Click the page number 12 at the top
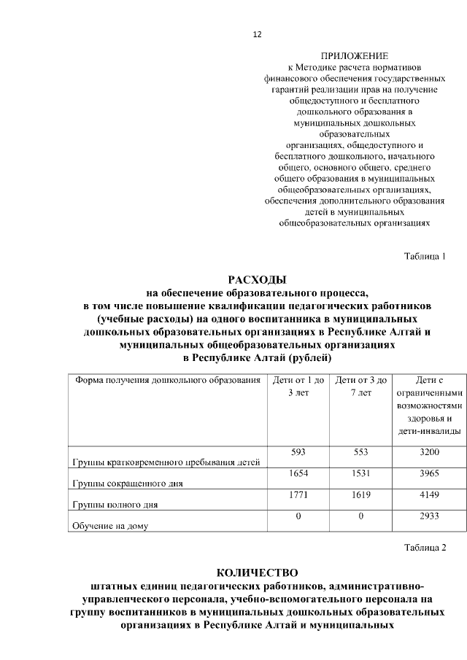pyautogui.click(x=257, y=34)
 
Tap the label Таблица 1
pyautogui.click(x=425, y=255)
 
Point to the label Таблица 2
pyautogui.click(x=425, y=547)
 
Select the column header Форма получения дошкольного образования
pyautogui.click(x=166, y=380)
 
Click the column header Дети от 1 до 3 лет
pyautogui.click(x=298, y=387)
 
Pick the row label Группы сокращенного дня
pyautogui.click(x=127, y=483)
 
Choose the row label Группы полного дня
pyautogui.click(x=115, y=504)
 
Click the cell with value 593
pyautogui.click(x=298, y=452)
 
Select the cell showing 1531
pyautogui.click(x=360, y=473)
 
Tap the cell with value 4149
pyautogui.click(x=429, y=494)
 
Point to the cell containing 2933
pyautogui.click(x=429, y=516)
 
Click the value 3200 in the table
pyautogui.click(x=429, y=452)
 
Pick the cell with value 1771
pyautogui.click(x=298, y=494)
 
